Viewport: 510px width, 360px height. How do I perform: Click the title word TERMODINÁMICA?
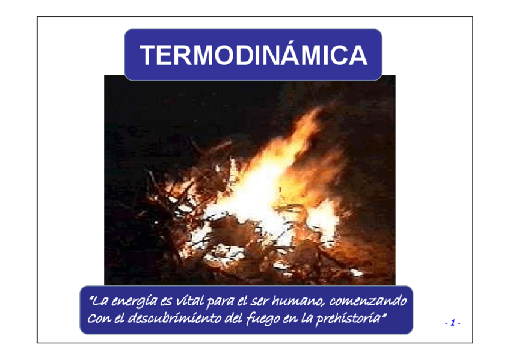click(x=254, y=55)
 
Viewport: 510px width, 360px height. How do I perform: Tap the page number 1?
click(x=452, y=323)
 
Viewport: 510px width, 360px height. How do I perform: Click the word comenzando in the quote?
click(x=368, y=301)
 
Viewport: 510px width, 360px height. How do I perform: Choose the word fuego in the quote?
click(x=263, y=319)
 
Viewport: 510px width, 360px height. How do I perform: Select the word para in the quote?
click(x=220, y=302)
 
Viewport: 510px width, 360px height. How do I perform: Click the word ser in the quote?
click(x=259, y=302)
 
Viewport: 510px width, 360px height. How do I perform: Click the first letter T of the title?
click(x=149, y=55)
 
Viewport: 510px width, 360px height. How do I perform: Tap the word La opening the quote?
click(x=99, y=301)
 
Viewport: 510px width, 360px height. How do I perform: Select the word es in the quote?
click(x=166, y=302)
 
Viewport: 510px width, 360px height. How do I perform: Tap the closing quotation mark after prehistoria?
click(x=384, y=314)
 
